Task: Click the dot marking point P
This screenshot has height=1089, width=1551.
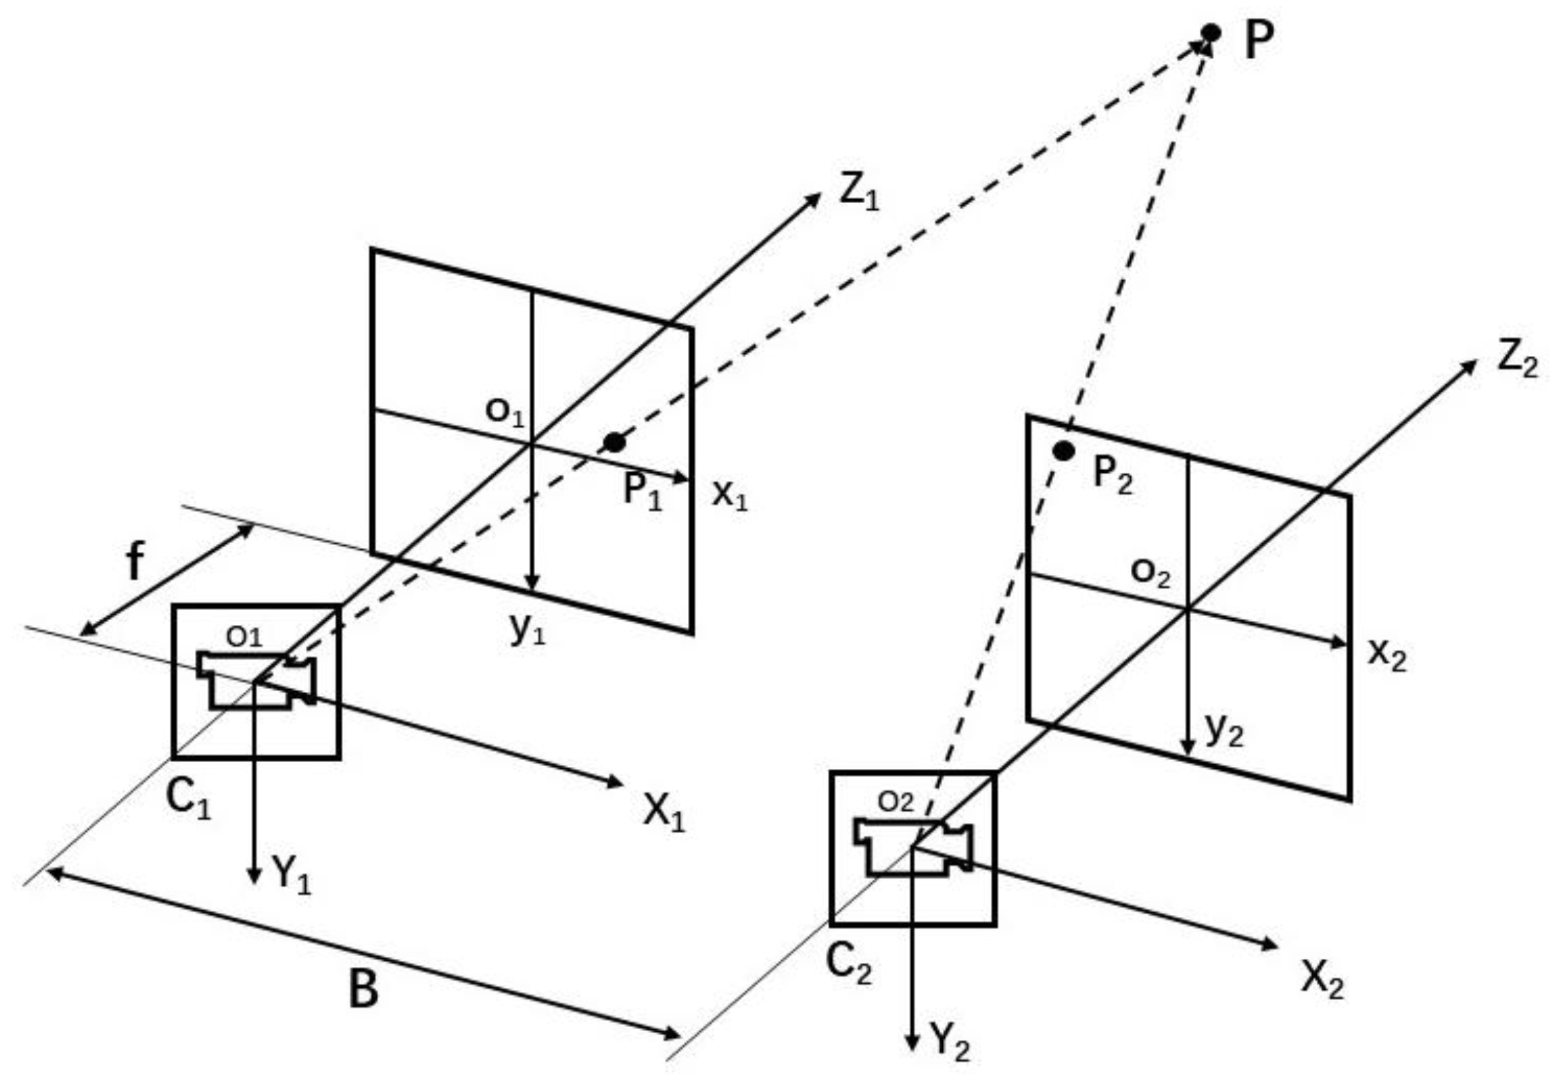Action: click(1210, 32)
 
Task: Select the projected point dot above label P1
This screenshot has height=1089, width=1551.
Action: click(614, 442)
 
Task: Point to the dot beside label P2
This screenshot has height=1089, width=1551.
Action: click(1063, 451)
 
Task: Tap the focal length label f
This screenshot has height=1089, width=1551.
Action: click(136, 561)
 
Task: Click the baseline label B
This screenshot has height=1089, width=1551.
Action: click(363, 989)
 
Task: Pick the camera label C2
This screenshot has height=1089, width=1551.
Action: click(849, 962)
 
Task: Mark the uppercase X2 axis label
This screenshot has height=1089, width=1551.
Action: click(1322, 977)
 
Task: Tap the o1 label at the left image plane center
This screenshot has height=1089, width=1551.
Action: click(505, 412)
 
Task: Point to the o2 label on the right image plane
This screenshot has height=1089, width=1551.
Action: click(1150, 572)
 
